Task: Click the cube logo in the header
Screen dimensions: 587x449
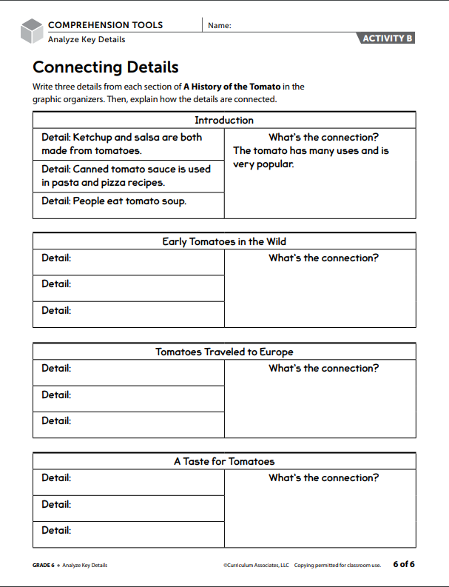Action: [32, 31]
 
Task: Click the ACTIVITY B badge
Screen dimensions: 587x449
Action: [387, 38]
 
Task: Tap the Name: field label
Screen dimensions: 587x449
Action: [220, 25]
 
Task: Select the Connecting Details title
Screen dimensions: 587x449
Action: [106, 67]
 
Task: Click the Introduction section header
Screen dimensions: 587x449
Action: [224, 120]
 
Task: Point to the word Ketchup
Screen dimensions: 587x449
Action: [92, 137]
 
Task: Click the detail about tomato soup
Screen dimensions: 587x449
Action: [114, 201]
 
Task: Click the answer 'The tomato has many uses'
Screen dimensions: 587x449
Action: [311, 150]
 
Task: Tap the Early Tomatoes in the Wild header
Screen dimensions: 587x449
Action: [224, 241]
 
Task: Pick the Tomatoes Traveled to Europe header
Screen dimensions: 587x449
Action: [224, 352]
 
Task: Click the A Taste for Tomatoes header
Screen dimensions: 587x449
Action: [224, 461]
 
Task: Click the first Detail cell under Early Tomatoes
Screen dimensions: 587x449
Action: [128, 262]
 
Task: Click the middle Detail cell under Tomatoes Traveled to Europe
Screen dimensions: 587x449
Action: [128, 398]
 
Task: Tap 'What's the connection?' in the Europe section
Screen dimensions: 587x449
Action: [323, 368]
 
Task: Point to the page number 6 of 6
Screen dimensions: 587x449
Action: [403, 564]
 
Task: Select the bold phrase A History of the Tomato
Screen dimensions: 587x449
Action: [232, 87]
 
